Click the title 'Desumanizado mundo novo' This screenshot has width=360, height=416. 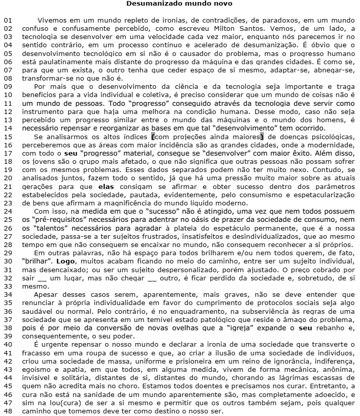179,4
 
